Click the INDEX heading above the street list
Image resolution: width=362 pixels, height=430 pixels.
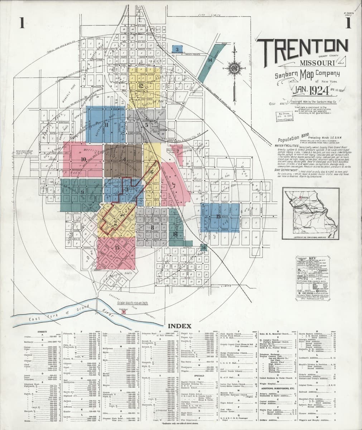tap(179, 326)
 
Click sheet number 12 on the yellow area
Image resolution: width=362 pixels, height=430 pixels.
tap(141, 86)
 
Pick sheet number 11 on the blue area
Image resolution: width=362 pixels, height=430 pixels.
tap(106, 125)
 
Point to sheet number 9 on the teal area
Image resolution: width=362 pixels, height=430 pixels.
tap(82, 192)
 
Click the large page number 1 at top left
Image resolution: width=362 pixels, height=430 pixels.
tap(22, 23)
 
